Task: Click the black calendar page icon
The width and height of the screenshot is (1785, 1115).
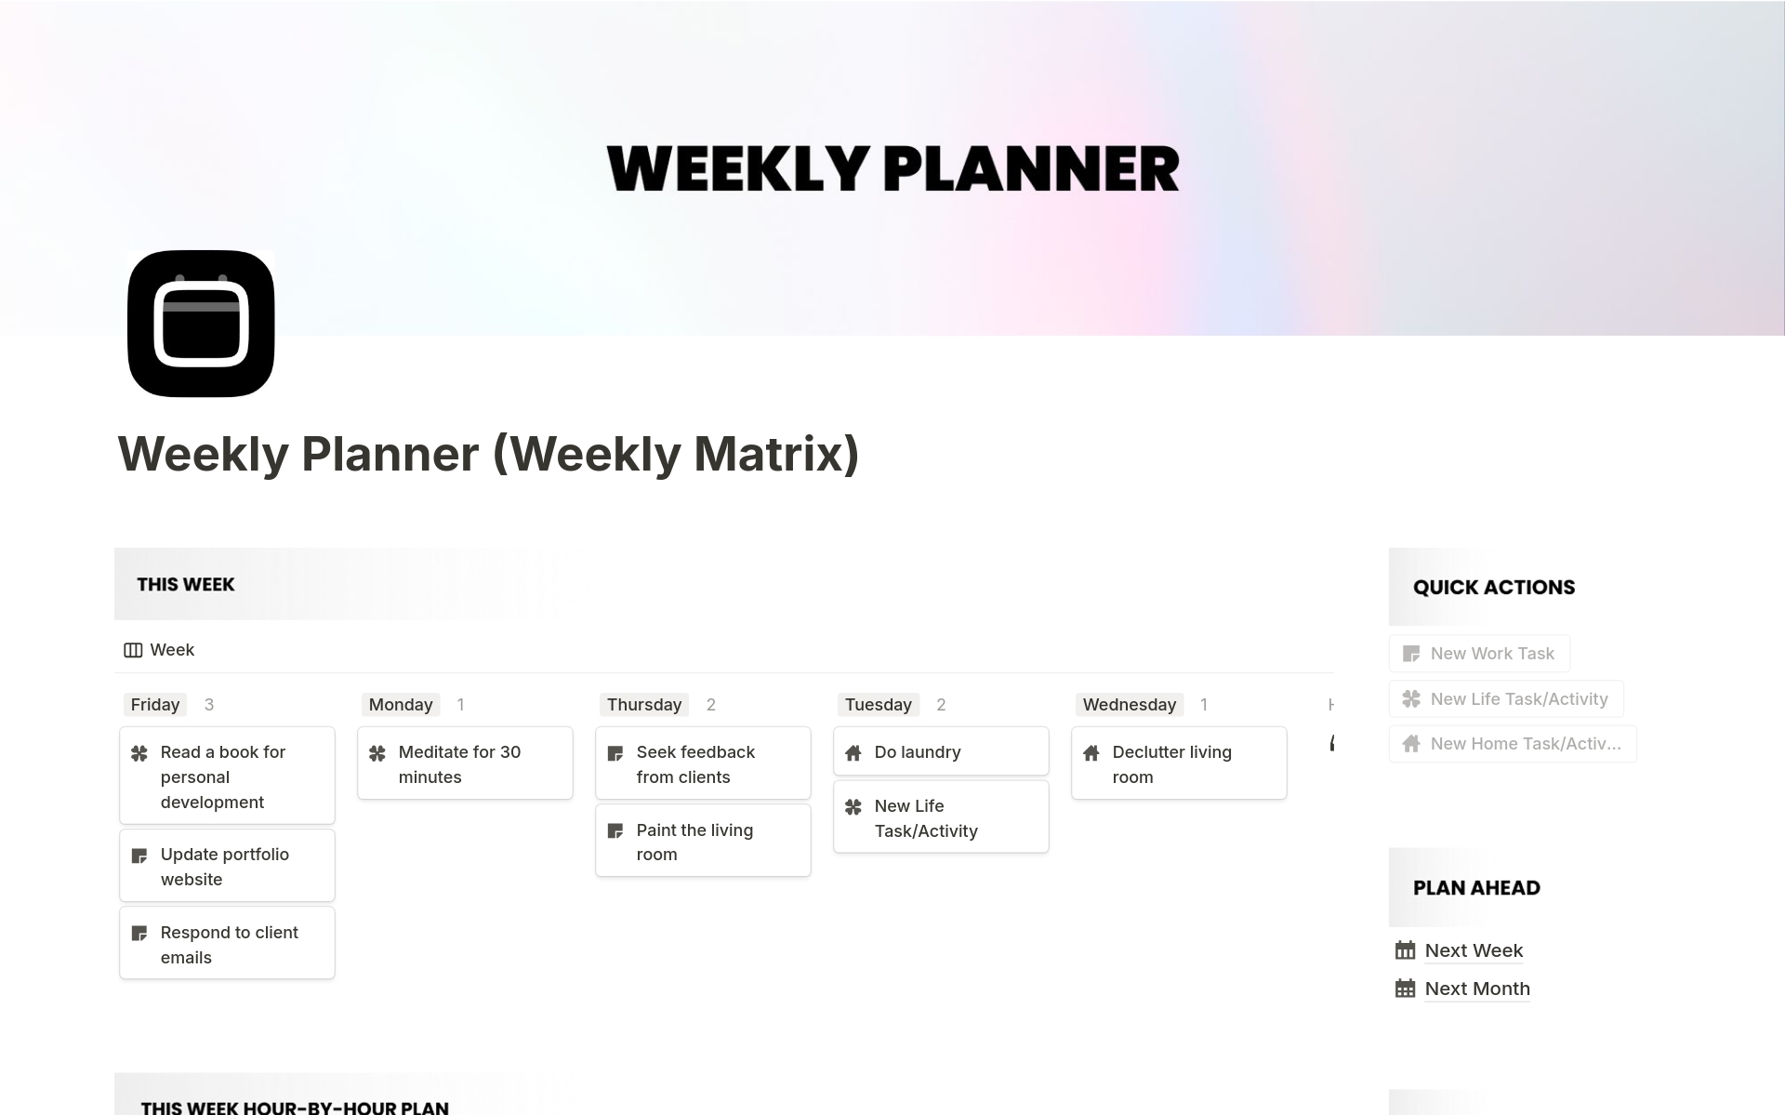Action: click(201, 324)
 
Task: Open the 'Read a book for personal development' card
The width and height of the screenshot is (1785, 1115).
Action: click(227, 776)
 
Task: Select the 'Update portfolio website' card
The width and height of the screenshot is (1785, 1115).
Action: click(227, 866)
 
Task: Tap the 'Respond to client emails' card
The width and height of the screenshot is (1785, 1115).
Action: click(227, 944)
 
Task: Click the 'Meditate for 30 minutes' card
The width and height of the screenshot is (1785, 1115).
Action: click(465, 763)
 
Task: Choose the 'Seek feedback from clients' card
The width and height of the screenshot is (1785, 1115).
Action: click(703, 763)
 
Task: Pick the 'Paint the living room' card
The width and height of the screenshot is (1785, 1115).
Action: click(703, 841)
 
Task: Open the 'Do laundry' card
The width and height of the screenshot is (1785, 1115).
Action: click(941, 751)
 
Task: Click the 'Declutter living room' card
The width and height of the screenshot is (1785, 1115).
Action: click(1179, 763)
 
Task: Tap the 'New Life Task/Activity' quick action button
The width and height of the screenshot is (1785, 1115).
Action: click(1506, 699)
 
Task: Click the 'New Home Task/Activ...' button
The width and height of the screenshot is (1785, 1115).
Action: click(1513, 744)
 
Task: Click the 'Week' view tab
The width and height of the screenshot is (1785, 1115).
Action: click(159, 650)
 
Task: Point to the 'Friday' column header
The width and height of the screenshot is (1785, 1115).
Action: click(155, 705)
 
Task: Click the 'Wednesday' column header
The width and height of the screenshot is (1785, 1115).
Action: click(1130, 705)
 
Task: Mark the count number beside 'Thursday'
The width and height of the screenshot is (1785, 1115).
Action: click(711, 705)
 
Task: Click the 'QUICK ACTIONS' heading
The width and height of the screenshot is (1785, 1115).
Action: click(1494, 588)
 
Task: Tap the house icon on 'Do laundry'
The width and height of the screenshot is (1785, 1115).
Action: click(853, 752)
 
